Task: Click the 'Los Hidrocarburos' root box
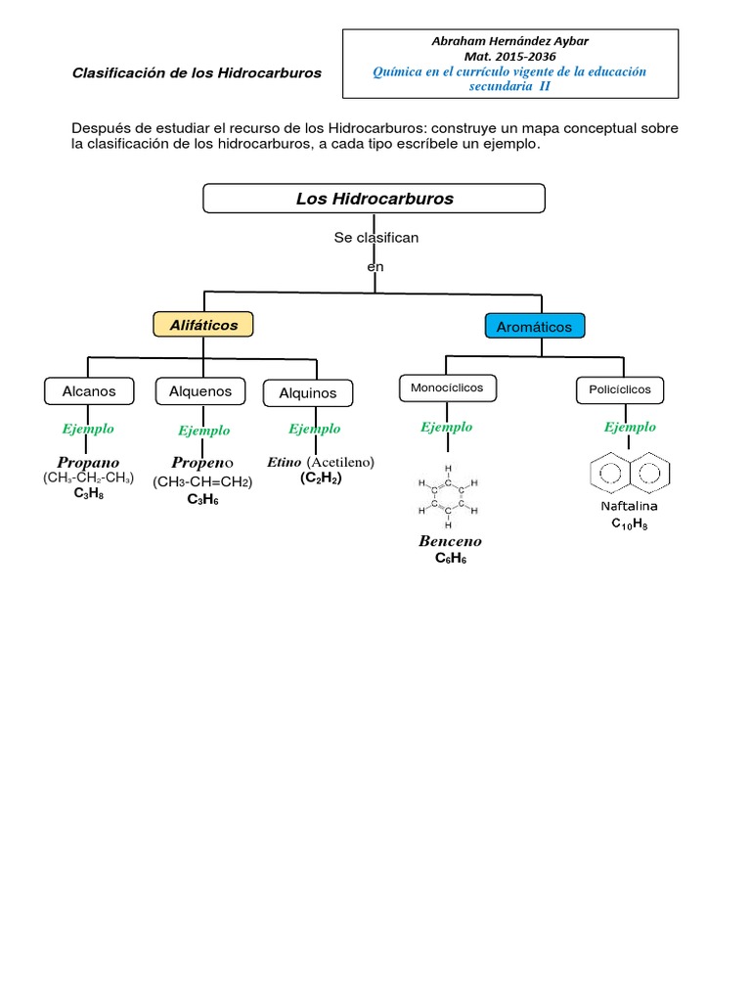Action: pyautogui.click(x=374, y=199)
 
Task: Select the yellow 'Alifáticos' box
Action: pyautogui.click(x=202, y=324)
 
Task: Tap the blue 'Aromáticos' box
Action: pyautogui.click(x=534, y=326)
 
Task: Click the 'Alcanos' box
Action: pyautogui.click(x=89, y=391)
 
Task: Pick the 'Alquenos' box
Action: pyautogui.click(x=200, y=391)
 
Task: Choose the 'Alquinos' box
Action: pyautogui.click(x=307, y=393)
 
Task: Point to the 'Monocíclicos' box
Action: pyautogui.click(x=447, y=388)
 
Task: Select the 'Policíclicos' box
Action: pyautogui.click(x=620, y=389)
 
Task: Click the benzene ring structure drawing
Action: pyautogui.click(x=448, y=495)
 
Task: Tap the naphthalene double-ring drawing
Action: pyautogui.click(x=631, y=474)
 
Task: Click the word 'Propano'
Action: pyautogui.click(x=88, y=461)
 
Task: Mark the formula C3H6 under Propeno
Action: pyautogui.click(x=202, y=499)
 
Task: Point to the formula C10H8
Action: pyautogui.click(x=629, y=524)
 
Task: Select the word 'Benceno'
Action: pyautogui.click(x=450, y=541)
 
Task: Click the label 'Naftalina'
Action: pyautogui.click(x=629, y=506)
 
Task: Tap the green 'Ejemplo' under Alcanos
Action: pyautogui.click(x=88, y=428)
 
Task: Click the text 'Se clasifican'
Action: pyautogui.click(x=375, y=238)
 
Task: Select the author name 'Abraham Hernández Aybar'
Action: pyautogui.click(x=510, y=40)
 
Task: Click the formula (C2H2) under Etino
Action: pyautogui.click(x=321, y=478)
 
